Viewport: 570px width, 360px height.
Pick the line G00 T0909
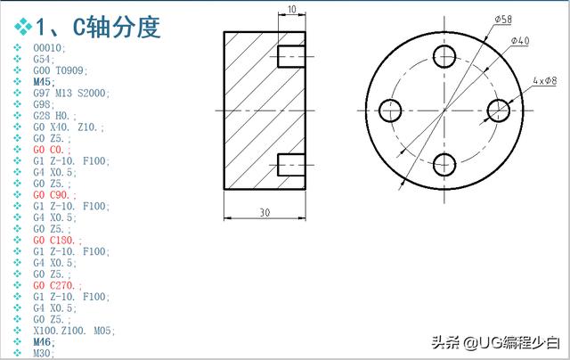coord(60,70)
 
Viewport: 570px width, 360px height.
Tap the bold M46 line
coord(43,341)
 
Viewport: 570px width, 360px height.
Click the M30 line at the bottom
coord(43,353)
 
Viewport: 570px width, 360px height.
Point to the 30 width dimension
coord(265,213)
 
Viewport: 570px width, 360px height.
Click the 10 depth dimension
coord(292,10)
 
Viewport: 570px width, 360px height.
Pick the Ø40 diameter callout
coord(520,42)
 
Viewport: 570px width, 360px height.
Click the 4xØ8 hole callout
coord(544,81)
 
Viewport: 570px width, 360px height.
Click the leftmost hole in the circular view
coord(390,110)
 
